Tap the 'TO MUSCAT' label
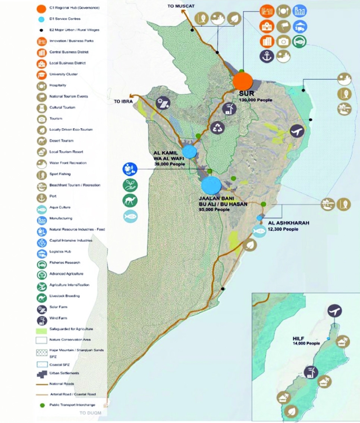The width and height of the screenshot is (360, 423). coord(182,6)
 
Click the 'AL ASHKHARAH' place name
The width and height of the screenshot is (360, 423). coord(288,223)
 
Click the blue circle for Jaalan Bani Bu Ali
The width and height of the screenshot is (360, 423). coord(211,186)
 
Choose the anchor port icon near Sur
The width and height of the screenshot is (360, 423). coord(267,56)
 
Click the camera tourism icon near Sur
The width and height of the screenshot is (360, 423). coord(284,41)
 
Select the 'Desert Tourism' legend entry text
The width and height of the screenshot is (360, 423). coord(62,141)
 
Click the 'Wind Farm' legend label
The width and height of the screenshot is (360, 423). coord(58,318)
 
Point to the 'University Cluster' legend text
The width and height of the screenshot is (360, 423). coord(64,74)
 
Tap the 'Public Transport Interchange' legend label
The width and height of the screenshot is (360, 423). coord(72,405)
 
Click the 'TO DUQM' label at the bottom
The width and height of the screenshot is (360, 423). coord(90,413)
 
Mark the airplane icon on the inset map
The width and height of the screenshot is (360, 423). coord(335,311)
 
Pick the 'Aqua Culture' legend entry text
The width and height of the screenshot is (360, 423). coord(60,208)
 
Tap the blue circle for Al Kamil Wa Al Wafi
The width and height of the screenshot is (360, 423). coord(190,152)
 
